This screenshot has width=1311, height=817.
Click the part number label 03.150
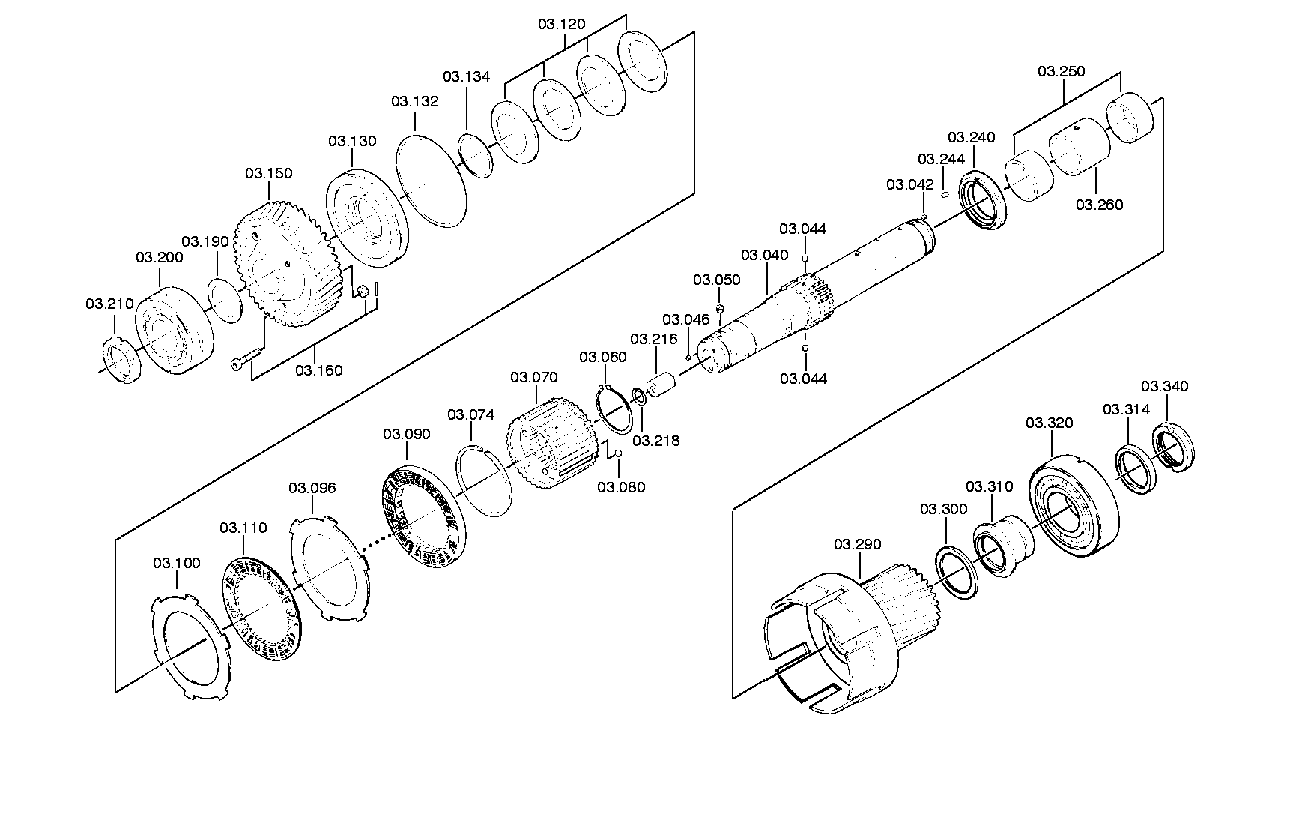pos(269,173)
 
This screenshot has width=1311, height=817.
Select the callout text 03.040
pos(765,255)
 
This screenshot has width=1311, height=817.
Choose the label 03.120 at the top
pos(562,23)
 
